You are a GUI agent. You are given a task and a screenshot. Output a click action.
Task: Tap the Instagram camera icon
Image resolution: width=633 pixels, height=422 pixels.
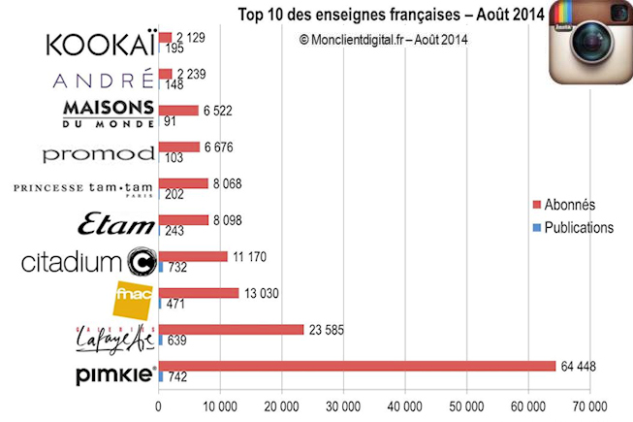pos(589,46)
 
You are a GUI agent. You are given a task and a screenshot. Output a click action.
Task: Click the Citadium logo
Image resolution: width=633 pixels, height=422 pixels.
pos(88,262)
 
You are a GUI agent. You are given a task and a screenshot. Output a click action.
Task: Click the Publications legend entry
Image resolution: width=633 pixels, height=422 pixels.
pos(573,228)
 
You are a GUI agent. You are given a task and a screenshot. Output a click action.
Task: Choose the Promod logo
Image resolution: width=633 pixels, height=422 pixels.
pos(99,153)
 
